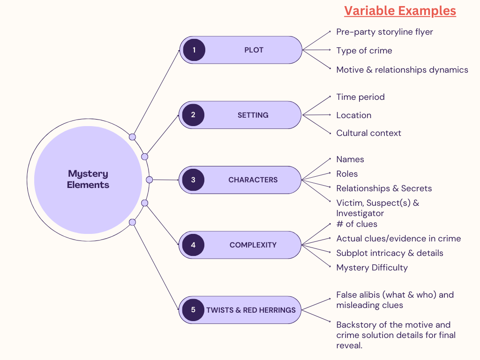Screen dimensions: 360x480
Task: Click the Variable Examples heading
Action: coord(400,11)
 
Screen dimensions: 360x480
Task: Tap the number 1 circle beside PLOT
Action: coord(194,50)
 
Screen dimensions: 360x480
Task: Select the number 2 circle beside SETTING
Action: coord(193,115)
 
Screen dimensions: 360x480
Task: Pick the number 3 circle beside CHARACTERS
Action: coord(193,180)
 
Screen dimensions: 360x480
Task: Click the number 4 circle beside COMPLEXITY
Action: coord(193,245)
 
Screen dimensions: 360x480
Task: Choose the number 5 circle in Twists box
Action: coord(193,310)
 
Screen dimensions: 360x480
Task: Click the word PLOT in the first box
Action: coord(254,50)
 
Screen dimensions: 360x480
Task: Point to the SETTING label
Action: coord(253,115)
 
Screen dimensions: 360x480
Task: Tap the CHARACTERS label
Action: coord(253,180)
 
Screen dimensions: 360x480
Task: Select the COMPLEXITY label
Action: coord(253,245)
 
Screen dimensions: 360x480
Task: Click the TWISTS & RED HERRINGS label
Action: coord(251,310)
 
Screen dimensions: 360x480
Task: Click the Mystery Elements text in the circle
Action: coord(88,179)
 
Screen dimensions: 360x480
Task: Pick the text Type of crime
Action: coord(364,51)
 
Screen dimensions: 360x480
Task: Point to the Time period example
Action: coord(360,97)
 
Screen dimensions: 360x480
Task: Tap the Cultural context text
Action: coord(368,133)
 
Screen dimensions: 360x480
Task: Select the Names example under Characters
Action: coord(350,159)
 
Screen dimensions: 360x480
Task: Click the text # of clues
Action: coord(357,224)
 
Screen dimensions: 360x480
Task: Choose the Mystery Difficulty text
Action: coord(372,268)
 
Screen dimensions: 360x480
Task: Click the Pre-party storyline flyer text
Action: coord(384,32)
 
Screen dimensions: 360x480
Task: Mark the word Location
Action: coord(353,115)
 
